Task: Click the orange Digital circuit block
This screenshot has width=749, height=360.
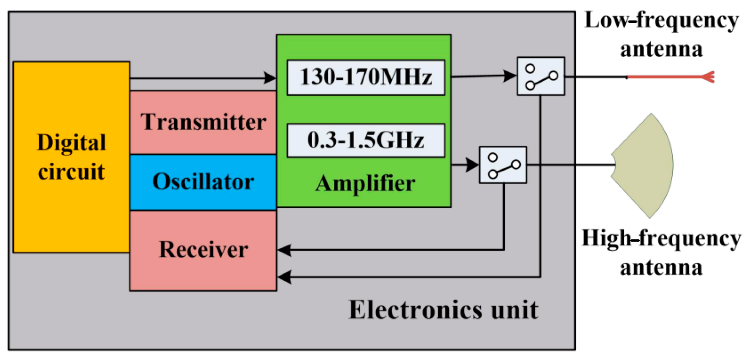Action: [x=71, y=157]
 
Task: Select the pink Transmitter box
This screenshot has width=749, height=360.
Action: [x=203, y=122]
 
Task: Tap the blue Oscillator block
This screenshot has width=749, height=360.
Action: [x=203, y=182]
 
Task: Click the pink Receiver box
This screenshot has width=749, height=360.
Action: [x=203, y=250]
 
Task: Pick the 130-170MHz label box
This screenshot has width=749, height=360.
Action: [x=366, y=78]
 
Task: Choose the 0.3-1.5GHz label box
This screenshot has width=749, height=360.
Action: [x=366, y=140]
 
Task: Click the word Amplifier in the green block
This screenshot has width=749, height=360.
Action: [x=365, y=183]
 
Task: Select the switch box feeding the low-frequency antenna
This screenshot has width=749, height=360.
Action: [x=541, y=76]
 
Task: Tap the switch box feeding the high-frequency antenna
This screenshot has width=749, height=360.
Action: [x=503, y=165]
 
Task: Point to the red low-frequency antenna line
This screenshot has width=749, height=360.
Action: [x=666, y=77]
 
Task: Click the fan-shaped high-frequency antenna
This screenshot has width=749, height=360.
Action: [x=645, y=165]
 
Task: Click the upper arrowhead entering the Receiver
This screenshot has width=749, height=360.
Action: [x=284, y=250]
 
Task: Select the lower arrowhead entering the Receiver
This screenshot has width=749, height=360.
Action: [x=284, y=277]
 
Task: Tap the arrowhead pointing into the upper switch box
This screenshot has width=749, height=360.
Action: [x=510, y=76]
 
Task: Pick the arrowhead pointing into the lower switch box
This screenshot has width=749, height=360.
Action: [x=472, y=165]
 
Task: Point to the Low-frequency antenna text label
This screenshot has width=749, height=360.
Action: [x=661, y=35]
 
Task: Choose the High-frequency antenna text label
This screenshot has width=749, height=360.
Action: [x=661, y=253]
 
